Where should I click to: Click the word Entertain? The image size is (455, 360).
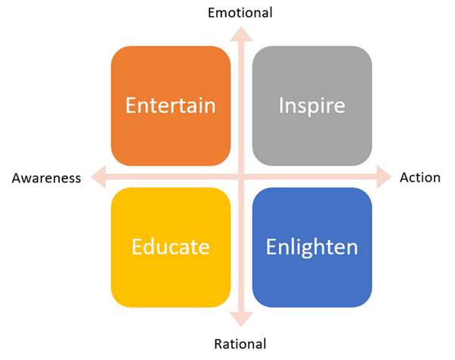point(170,104)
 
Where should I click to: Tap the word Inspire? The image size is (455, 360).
point(311,104)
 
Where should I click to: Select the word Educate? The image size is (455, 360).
point(170,247)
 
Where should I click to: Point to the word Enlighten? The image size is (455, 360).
point(311,247)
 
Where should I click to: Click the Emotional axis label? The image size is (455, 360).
point(240,12)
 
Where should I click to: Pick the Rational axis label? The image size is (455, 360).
point(240,344)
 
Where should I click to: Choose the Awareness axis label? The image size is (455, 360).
point(45,178)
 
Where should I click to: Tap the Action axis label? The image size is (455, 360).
point(419,178)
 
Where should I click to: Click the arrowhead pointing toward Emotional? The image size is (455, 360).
point(240,33)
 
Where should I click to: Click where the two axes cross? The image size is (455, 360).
point(240,178)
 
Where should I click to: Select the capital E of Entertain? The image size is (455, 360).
point(132,104)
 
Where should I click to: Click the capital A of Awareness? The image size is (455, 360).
point(16,178)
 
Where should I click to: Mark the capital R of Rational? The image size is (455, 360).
point(218,344)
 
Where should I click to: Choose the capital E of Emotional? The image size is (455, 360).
point(212,12)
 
